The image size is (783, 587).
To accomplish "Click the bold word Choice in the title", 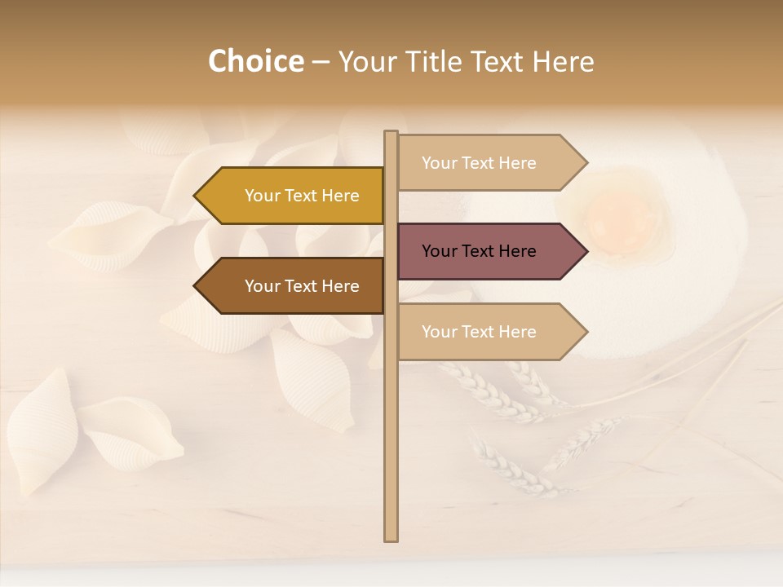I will tap(255, 62).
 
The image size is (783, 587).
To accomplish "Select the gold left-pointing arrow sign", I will tap(294, 196).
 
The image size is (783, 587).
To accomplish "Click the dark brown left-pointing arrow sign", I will tap(294, 286).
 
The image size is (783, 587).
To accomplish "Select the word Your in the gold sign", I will tap(263, 196).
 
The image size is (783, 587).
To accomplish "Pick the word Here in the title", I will tap(563, 62).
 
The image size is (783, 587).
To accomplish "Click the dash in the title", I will tap(321, 62).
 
